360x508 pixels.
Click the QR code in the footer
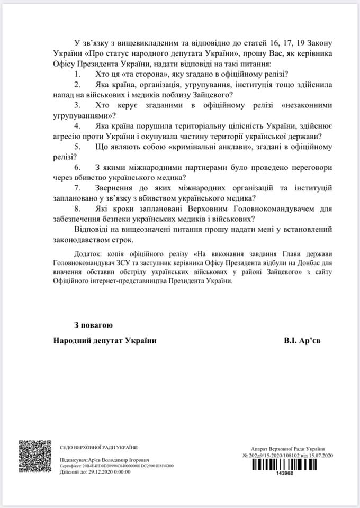coord(35,456)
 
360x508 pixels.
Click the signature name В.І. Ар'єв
coord(302,341)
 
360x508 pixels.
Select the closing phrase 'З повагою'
coord(93,324)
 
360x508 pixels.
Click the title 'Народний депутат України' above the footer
coord(105,341)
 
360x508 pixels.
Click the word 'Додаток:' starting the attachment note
coord(89,252)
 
